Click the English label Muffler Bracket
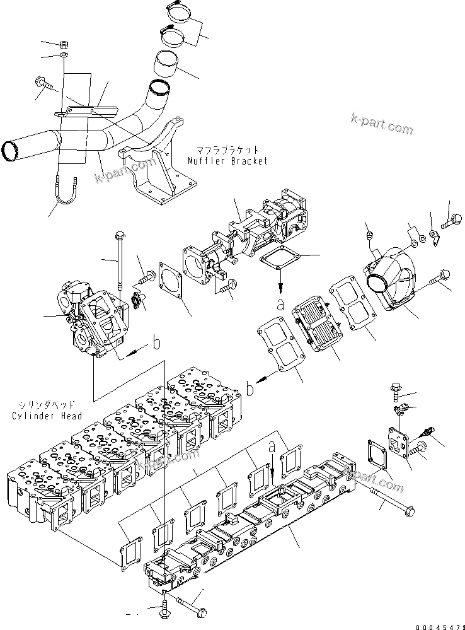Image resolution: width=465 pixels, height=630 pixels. pos(227,161)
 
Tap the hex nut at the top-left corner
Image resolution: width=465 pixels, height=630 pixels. pos(64,45)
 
